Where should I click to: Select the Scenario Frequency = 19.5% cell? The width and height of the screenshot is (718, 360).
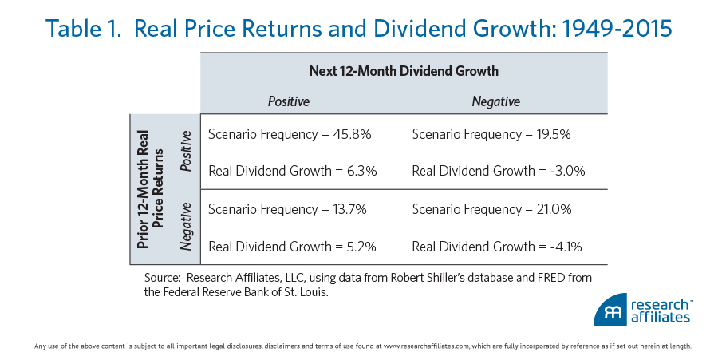[491, 134]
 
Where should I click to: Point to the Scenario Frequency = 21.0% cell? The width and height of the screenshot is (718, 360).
[491, 210]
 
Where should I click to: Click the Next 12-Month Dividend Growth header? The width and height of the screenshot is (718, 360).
[403, 71]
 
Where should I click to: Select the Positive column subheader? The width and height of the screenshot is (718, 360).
[288, 101]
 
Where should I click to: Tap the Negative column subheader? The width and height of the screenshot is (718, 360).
[495, 101]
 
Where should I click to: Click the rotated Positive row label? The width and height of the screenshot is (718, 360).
[187, 151]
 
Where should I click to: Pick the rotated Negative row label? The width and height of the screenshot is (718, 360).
[187, 227]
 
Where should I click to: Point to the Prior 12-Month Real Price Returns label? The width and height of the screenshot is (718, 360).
[151, 189]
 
